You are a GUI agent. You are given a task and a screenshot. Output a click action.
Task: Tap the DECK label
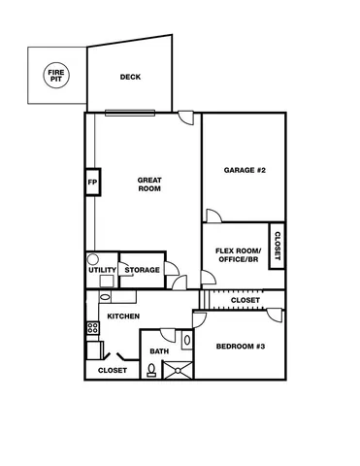pos(130,78)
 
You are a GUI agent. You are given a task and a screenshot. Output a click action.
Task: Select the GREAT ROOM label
pos(148,184)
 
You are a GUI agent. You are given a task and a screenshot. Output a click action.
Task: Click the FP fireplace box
pos(93,183)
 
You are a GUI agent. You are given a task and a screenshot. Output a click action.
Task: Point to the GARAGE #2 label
pos(245,170)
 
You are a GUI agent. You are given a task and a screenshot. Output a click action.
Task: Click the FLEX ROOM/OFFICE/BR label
pos(237,255)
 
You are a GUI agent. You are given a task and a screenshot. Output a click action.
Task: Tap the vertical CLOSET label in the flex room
pos(277,247)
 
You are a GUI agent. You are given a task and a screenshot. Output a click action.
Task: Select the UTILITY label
pos(103,270)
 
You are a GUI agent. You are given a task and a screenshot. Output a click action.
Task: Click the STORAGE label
pos(142,270)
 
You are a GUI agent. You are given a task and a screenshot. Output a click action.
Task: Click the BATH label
pos(158,351)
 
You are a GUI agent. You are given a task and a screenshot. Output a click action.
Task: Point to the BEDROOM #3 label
pos(240,347)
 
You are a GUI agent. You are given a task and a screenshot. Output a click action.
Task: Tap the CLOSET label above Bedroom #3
pos(245,300)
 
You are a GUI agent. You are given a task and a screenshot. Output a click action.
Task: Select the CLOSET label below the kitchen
pos(113,370)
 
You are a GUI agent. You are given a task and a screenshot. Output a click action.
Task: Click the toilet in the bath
pos(151,369)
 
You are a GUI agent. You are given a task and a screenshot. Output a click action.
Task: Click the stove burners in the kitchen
pos(93,328)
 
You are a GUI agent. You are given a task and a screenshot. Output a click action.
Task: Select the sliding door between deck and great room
pos(130,111)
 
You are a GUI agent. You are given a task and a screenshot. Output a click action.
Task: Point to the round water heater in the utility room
pos(93,260)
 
